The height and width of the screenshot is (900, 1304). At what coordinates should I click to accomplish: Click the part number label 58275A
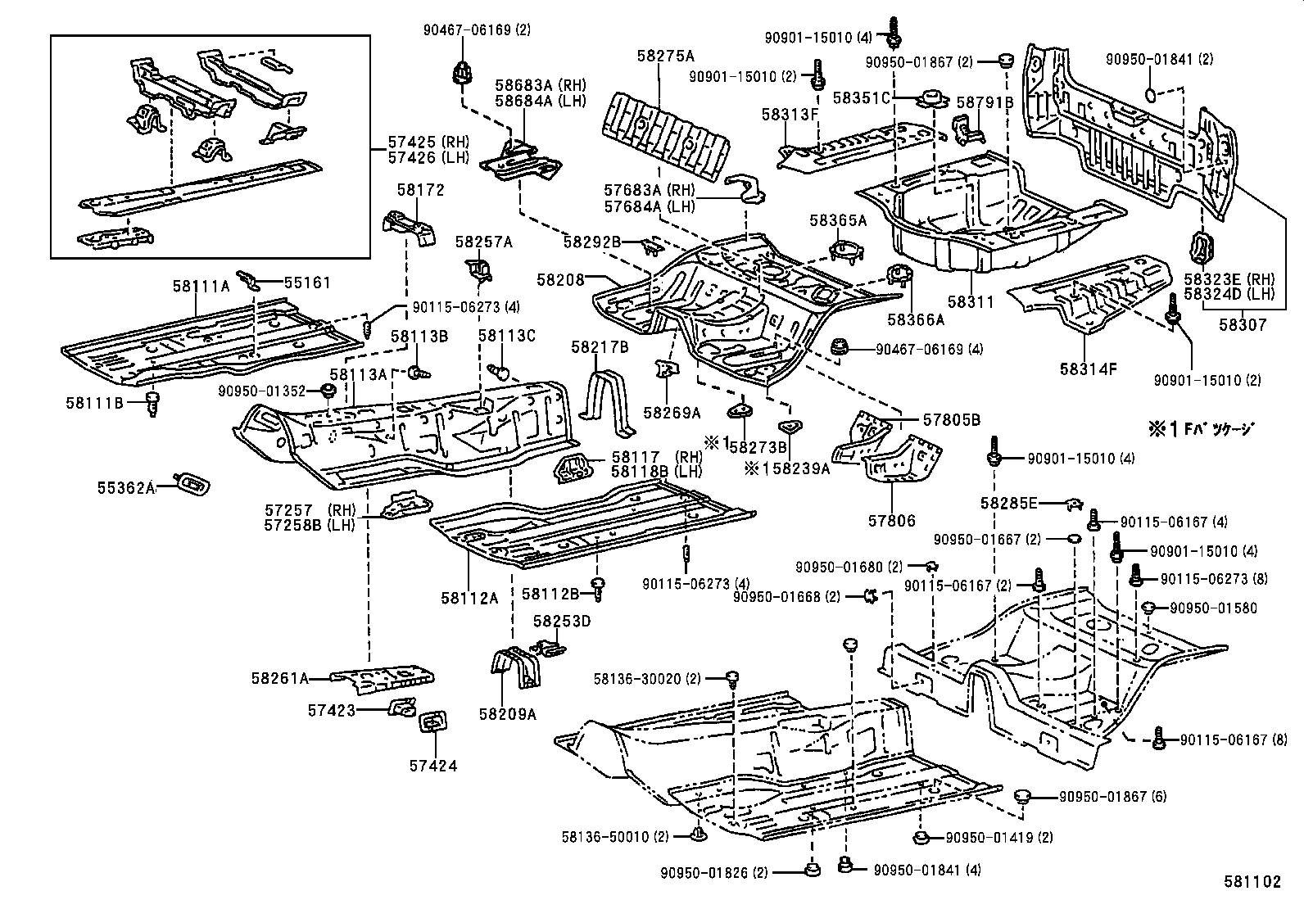[x=665, y=56]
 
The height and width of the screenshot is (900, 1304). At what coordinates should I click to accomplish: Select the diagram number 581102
[x=1252, y=882]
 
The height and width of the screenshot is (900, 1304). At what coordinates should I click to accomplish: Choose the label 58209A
[x=508, y=714]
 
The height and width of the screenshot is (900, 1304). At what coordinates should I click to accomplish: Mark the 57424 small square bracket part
[x=431, y=723]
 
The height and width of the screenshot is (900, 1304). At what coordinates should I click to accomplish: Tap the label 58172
[x=420, y=190]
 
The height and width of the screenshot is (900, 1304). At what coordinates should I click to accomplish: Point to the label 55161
[x=307, y=283]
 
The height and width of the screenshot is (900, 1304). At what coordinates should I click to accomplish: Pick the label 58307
[x=1242, y=324]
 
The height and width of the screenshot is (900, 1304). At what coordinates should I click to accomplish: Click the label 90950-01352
[x=261, y=391]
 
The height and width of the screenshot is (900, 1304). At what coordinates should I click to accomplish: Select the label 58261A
[x=280, y=678]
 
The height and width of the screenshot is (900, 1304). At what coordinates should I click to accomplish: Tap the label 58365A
[x=837, y=220]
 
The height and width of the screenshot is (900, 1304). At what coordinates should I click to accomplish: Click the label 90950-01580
[x=1212, y=608]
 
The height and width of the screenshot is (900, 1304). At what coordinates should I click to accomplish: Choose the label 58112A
[x=469, y=598]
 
